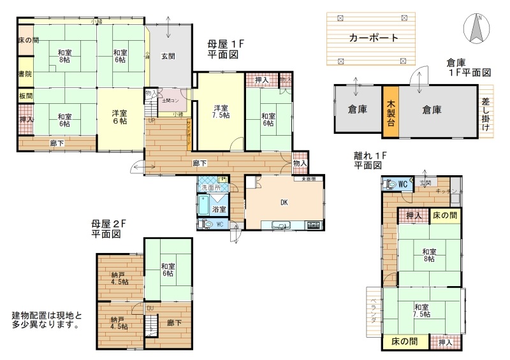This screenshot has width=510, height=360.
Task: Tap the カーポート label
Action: tap(374, 38)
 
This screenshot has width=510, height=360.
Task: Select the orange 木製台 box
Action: tap(391, 110)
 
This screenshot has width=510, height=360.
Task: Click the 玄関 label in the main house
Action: tap(168, 56)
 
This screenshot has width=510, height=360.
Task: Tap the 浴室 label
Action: tap(219, 208)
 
